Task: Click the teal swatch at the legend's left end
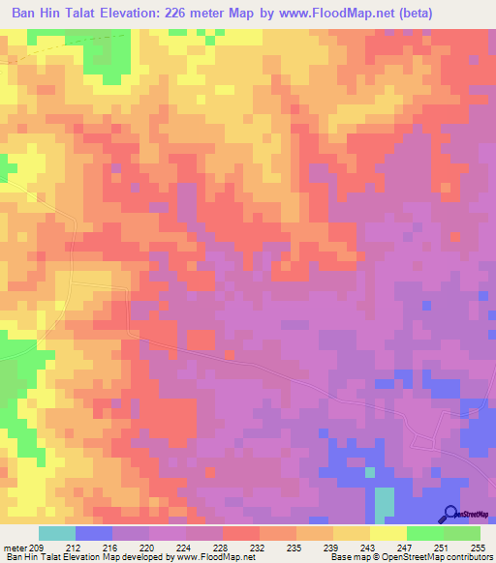[56, 534]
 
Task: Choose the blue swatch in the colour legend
[93, 534]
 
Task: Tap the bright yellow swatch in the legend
[387, 534]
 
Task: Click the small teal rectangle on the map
[385, 502]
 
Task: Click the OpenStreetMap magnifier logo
[450, 514]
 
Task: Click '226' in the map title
[181, 14]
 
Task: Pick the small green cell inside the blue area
[369, 473]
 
